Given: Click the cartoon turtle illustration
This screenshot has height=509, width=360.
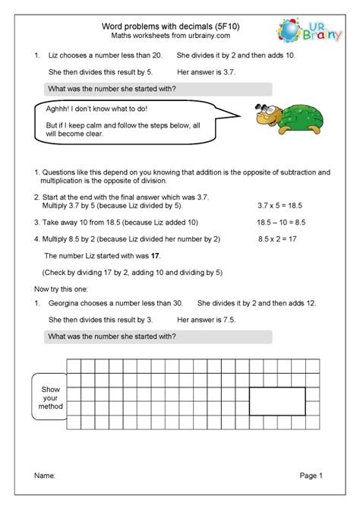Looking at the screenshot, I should point(280,119).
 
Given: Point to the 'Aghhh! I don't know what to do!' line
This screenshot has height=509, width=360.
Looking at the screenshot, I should point(96,109).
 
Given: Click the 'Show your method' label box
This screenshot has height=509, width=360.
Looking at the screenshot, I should point(49,395).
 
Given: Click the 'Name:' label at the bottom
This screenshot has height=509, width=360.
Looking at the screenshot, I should point(46,476).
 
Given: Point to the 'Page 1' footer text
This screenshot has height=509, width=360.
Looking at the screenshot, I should point(311,476).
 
